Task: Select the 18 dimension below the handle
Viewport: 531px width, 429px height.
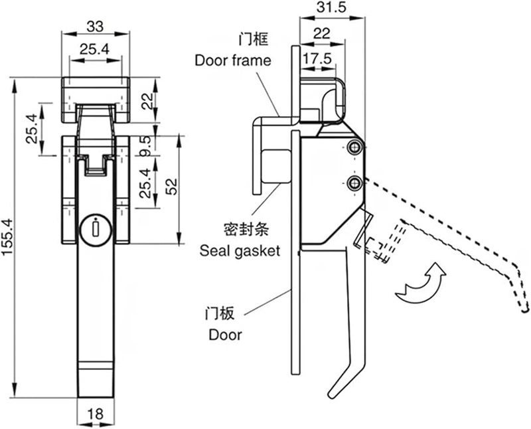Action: (96, 414)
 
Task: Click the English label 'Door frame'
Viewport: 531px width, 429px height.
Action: (232, 60)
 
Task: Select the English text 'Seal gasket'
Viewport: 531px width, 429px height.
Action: (240, 251)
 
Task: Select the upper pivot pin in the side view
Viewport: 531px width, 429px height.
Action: (356, 148)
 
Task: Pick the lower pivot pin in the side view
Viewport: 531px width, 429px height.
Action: (356, 182)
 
